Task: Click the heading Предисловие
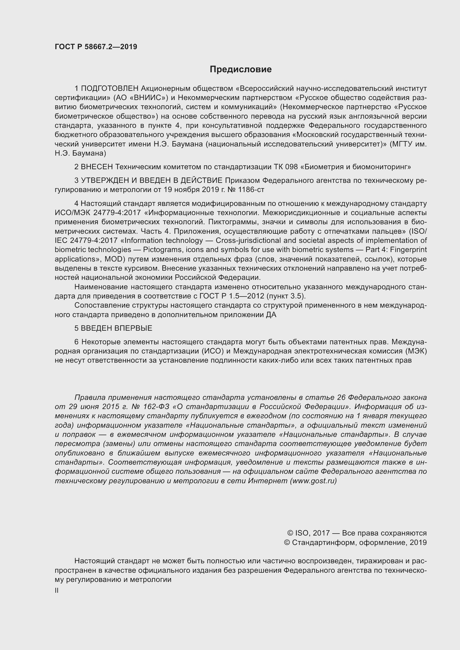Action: (x=241, y=69)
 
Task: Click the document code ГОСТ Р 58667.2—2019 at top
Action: (x=96, y=47)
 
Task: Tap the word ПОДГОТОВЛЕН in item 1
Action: (x=110, y=89)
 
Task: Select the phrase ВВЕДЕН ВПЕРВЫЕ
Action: (x=117, y=328)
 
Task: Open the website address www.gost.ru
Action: (x=313, y=481)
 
